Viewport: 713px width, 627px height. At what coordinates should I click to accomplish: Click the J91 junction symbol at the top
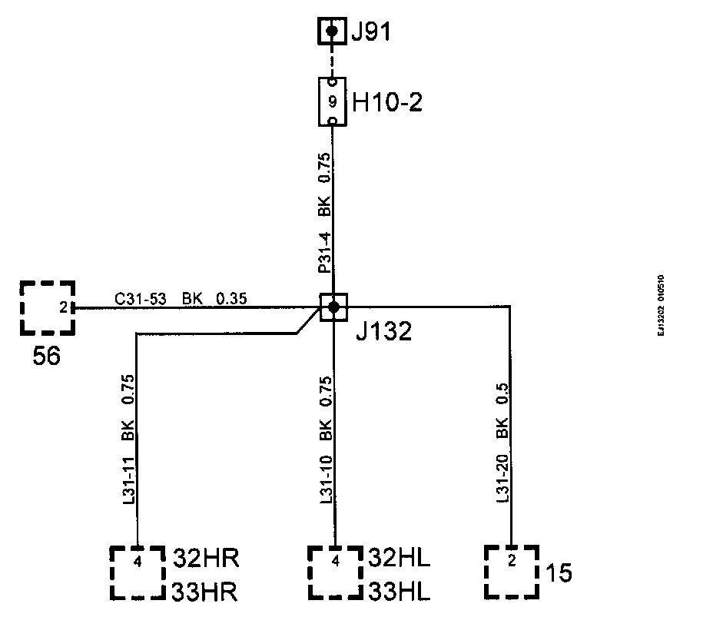(332, 32)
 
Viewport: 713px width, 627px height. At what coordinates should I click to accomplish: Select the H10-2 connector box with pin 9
(332, 101)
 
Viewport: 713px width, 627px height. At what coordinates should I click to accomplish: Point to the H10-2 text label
(387, 101)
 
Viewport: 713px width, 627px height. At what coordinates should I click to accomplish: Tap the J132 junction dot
(333, 307)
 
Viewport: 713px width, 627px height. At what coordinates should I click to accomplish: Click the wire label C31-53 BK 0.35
(181, 299)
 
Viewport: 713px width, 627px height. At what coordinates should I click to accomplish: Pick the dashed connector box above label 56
(48, 308)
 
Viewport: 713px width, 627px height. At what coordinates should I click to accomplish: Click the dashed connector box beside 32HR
(138, 572)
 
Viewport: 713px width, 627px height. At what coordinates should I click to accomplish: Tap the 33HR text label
(205, 593)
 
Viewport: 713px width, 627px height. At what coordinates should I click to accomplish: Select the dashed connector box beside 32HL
(335, 572)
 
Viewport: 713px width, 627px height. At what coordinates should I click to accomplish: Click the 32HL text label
(400, 558)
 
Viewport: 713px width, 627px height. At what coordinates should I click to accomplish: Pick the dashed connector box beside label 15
(512, 572)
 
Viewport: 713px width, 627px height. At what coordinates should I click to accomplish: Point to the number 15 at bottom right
(559, 573)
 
